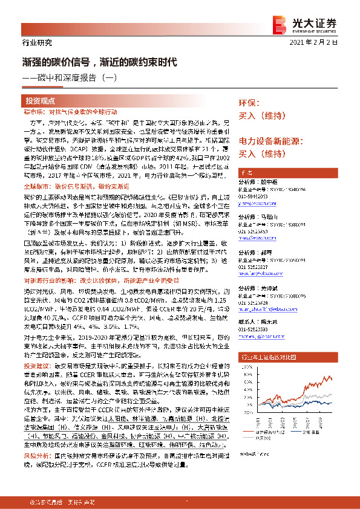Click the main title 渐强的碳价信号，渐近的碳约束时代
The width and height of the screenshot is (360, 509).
[x=100, y=62]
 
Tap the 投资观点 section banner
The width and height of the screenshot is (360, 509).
[x=41, y=101]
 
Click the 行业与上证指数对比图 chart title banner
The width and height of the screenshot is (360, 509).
[x=281, y=357]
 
